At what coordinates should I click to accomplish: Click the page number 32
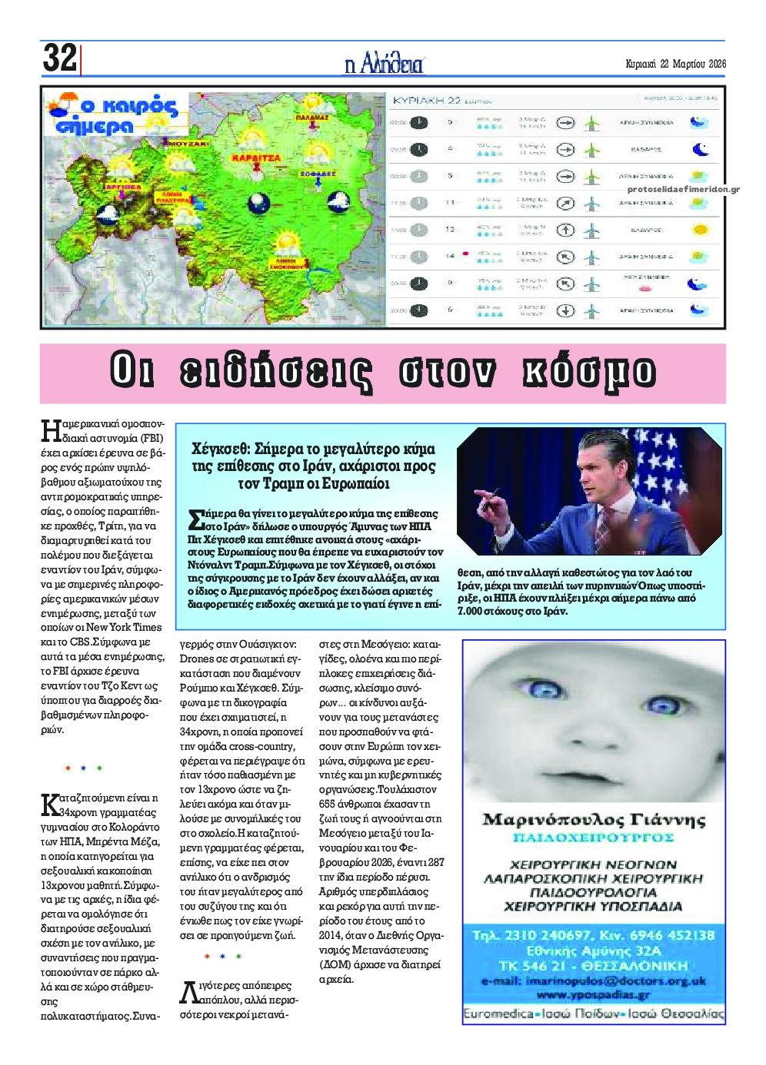click(x=59, y=58)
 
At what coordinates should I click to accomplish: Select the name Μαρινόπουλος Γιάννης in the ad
click(x=593, y=819)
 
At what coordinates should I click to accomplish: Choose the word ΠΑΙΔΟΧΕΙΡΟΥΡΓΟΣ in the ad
click(x=593, y=837)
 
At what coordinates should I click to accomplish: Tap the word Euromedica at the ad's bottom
click(x=498, y=1014)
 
